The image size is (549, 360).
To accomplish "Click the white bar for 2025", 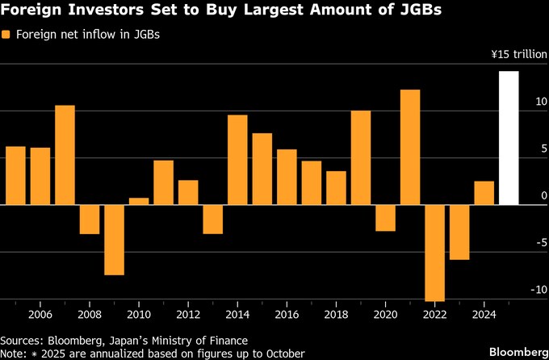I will coord(509,137).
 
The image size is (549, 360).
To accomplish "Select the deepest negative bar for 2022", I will coord(434,252).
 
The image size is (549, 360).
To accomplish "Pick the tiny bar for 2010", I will coord(139,201).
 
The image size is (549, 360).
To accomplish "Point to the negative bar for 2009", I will coord(114,239).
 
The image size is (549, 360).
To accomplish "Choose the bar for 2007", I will coord(65,154).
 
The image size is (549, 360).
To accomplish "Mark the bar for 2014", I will coord(237,159).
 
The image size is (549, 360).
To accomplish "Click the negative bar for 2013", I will coord(212,219).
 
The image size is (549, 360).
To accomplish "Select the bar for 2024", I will coord(484,192).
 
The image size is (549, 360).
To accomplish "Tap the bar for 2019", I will coord(361,157).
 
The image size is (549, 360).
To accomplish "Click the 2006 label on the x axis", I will coord(40,315).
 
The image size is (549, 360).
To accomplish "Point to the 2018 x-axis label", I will coord(336,315).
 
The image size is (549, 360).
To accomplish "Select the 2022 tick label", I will coord(434,315).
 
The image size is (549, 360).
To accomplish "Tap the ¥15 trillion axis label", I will coord(518,55).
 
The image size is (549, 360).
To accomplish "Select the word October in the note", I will coord(283,354).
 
